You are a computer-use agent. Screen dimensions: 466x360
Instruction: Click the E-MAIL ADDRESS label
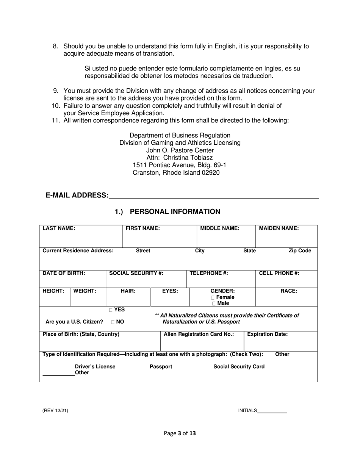click(77, 195)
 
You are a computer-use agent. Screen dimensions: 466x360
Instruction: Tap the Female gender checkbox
click(214, 297)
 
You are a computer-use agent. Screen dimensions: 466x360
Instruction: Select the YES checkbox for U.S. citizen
click(111, 310)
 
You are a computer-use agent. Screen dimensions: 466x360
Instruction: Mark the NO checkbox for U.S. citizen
click(113, 322)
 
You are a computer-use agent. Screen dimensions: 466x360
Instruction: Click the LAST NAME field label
click(59, 228)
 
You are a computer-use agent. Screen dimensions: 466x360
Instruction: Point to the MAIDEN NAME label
click(279, 228)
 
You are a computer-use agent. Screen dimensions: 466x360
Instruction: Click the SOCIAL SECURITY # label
click(136, 273)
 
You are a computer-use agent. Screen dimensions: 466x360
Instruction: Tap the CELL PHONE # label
click(279, 273)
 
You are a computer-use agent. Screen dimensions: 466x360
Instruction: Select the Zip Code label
click(299, 251)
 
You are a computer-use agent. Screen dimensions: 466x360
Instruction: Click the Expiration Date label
click(267, 334)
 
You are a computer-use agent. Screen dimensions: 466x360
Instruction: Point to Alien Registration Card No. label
click(199, 334)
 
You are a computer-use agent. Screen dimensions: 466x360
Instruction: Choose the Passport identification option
click(161, 366)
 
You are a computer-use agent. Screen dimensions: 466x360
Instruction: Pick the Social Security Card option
click(239, 366)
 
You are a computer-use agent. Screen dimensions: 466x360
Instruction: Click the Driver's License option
click(95, 366)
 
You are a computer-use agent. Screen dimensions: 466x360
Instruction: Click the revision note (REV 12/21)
click(55, 411)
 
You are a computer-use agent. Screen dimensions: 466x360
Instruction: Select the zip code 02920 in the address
click(211, 173)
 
